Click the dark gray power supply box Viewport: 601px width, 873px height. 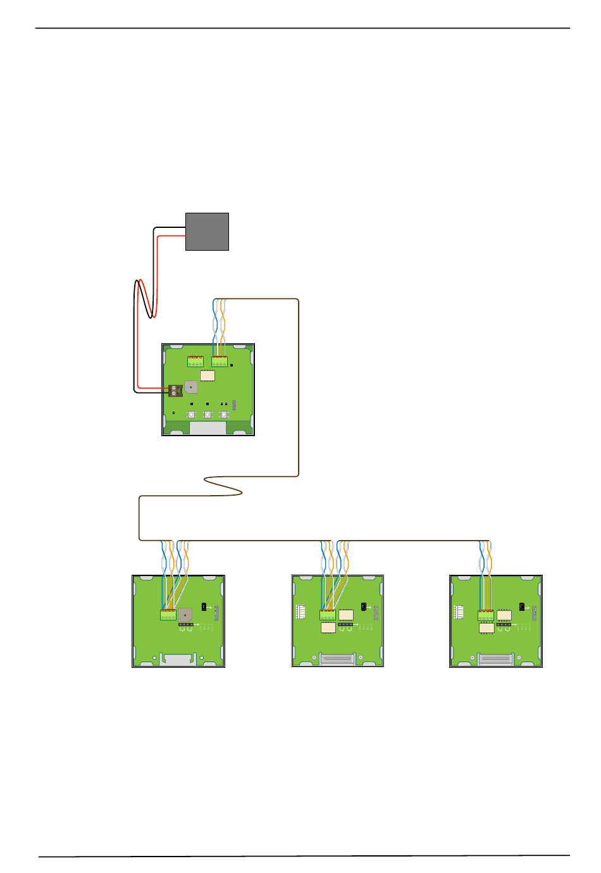tap(207, 232)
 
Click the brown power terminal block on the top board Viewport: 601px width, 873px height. tap(175, 390)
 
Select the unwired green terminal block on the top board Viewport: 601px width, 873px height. tap(195, 361)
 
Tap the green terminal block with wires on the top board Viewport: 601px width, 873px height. tap(220, 361)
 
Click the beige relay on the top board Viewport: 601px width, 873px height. tap(208, 375)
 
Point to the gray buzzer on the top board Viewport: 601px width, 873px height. tap(190, 387)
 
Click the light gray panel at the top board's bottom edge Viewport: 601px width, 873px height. tap(208, 428)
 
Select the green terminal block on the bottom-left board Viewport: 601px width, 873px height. tap(168, 615)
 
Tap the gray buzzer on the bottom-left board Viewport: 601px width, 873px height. tap(185, 615)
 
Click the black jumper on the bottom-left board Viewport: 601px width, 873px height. tap(204, 606)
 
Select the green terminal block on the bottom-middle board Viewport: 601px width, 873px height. tap(327, 615)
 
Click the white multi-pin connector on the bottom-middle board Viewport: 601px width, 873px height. tap(300, 612)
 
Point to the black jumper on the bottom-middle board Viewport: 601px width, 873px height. tap(363, 606)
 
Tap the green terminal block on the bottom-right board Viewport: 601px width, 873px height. tap(485, 615)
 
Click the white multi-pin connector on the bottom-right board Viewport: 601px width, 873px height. tap(459, 612)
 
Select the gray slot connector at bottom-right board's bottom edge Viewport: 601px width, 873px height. tap(495, 659)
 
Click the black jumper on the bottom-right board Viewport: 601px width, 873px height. tap(521, 606)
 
